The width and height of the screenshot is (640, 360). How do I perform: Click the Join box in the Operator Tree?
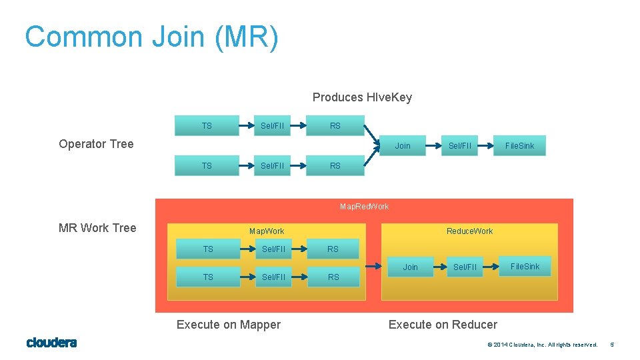pos(403,145)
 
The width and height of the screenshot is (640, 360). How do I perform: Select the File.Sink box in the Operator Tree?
pos(519,145)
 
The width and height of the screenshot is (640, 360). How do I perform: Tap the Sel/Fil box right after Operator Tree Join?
pos(459,145)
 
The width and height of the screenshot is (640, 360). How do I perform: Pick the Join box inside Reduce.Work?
pos(410,267)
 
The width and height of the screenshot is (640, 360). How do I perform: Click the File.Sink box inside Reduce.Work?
pos(525,267)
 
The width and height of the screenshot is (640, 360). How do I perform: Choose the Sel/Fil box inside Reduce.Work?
pos(465,267)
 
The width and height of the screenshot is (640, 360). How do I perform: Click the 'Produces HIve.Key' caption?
pos(362,97)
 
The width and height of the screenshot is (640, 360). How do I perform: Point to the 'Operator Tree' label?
pos(96,144)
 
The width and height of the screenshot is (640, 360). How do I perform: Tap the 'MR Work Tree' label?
pos(97,228)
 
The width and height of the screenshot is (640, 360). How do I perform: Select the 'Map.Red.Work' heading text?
pos(364,207)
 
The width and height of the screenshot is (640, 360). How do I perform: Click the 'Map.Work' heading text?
pos(267,231)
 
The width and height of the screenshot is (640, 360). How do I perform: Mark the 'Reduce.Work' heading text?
pos(469,231)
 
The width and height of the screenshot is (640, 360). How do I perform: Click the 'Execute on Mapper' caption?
pos(228,325)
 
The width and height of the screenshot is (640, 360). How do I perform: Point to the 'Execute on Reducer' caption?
pos(443,325)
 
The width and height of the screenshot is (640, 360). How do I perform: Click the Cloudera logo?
pos(51,343)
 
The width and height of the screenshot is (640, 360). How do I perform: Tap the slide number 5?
pos(611,345)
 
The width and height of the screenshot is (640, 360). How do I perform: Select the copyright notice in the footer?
pos(542,345)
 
